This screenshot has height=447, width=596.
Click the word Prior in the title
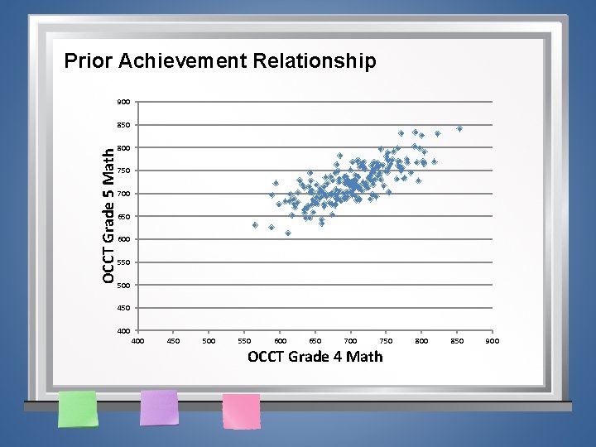(89, 61)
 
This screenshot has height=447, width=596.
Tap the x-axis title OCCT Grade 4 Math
(315, 357)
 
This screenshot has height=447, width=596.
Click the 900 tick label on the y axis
(123, 103)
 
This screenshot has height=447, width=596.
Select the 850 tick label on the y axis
(123, 125)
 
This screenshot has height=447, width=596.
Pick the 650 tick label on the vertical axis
(123, 217)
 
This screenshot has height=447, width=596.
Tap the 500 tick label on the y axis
(123, 286)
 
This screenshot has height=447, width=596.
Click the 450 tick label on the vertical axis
(123, 308)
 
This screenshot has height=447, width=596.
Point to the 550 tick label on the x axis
(244, 340)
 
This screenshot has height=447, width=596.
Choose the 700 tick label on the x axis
(350, 340)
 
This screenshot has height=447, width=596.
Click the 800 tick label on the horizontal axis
(421, 340)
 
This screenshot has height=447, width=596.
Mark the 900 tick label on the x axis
(492, 340)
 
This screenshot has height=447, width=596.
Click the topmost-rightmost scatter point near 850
(459, 129)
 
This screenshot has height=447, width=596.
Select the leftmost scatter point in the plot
(255, 225)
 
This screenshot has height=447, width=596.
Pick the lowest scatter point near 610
(288, 233)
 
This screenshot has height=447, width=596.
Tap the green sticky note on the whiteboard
(77, 409)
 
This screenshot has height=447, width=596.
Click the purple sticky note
(159, 407)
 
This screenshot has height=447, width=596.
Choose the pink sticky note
(242, 411)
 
